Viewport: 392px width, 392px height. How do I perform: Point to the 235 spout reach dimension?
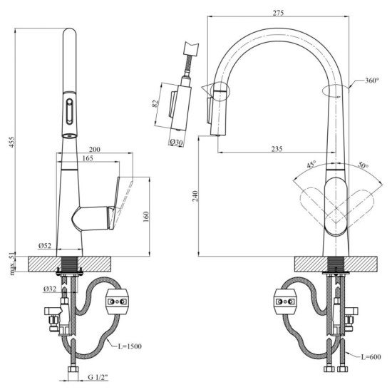click(x=277, y=148)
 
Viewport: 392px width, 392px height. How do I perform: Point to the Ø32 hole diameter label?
click(x=48, y=289)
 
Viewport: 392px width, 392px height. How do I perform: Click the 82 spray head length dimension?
click(x=155, y=105)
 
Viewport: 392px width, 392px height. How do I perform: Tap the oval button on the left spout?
click(x=69, y=113)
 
